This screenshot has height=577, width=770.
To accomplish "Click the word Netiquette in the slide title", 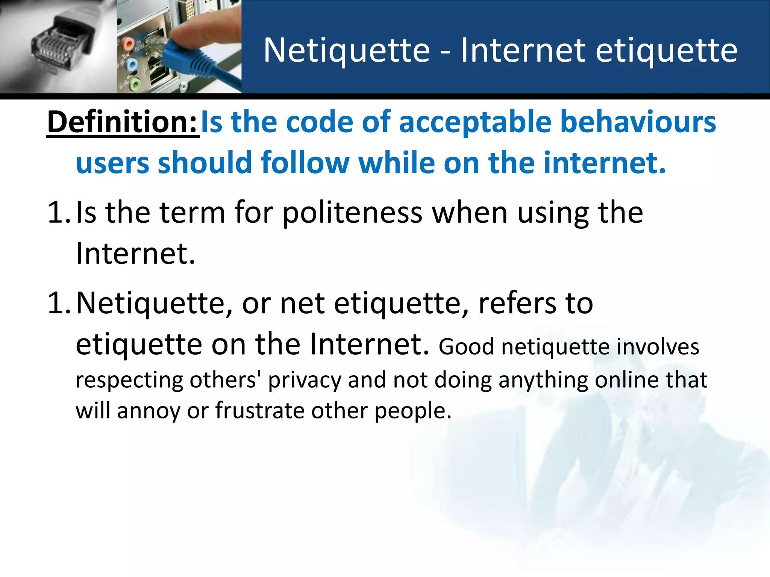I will coord(347,50).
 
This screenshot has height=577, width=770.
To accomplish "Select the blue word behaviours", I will coord(638,122).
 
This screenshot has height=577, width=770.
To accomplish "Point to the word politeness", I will coord(352,213).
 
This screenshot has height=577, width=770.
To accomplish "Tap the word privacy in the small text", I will coord(305,380).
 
